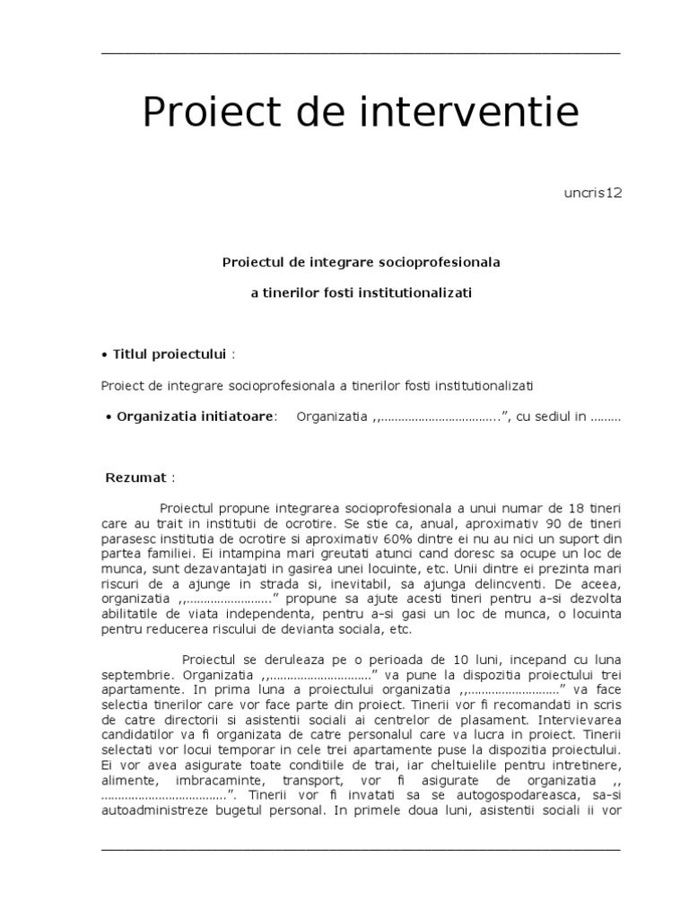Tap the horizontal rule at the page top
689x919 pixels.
tap(360, 54)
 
